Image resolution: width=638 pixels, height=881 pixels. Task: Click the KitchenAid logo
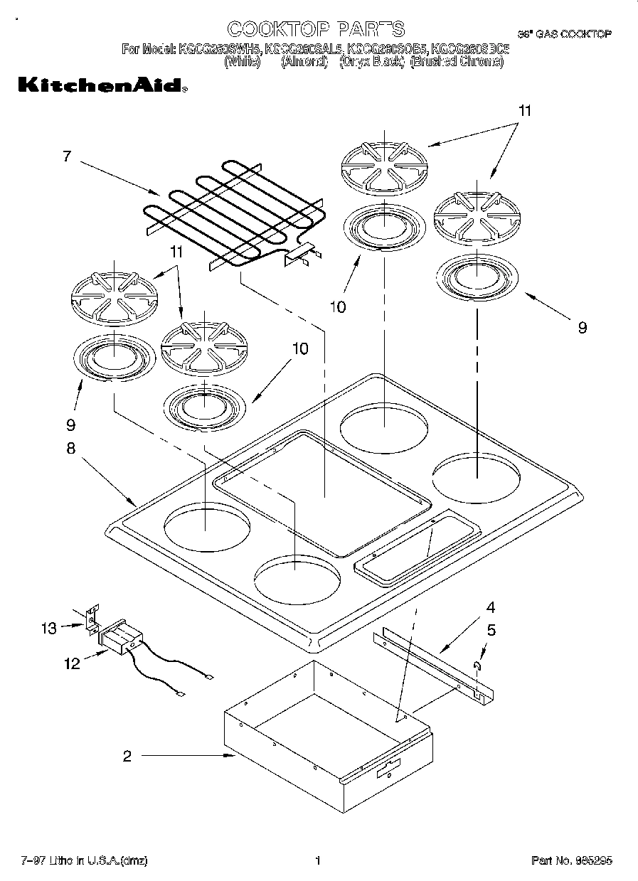pos(101,85)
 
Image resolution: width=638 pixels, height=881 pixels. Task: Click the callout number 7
pos(66,156)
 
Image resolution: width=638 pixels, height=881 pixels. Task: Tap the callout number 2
pos(127,757)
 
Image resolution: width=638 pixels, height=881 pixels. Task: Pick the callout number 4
pos(490,608)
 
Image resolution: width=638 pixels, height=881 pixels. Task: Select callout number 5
pos(491,630)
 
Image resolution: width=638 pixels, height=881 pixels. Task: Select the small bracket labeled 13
pos(90,618)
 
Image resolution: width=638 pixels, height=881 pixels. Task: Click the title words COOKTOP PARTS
pos(315,28)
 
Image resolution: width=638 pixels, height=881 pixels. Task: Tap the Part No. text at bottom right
pos(570,861)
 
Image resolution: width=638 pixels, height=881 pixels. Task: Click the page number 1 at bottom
pos(319,861)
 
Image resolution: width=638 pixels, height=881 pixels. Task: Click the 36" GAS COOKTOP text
pos(563,34)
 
